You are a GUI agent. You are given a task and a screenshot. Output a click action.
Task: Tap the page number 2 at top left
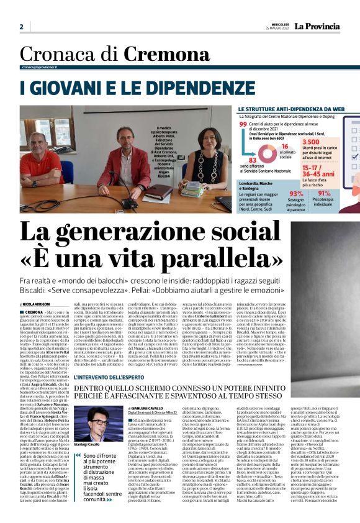click(x=21, y=27)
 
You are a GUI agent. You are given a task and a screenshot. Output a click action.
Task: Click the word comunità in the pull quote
click(x=94, y=499)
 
